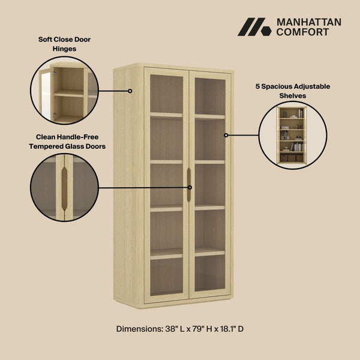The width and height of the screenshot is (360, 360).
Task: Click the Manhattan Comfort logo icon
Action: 254,27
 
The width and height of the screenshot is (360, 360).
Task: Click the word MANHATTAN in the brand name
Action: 308,22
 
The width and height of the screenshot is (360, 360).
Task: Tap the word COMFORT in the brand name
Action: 302,32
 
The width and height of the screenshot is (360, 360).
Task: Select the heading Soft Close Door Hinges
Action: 65,44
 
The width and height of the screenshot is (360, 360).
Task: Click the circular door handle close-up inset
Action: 64,188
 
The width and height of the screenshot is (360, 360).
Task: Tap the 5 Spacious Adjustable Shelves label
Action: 292,91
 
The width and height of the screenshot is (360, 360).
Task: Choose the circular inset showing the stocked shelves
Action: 292,135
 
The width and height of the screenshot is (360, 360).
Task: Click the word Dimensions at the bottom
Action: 139,329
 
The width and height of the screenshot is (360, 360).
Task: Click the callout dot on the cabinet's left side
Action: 130,91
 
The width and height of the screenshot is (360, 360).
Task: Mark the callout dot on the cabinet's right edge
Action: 226,135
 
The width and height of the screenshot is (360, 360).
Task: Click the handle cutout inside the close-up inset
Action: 64,188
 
